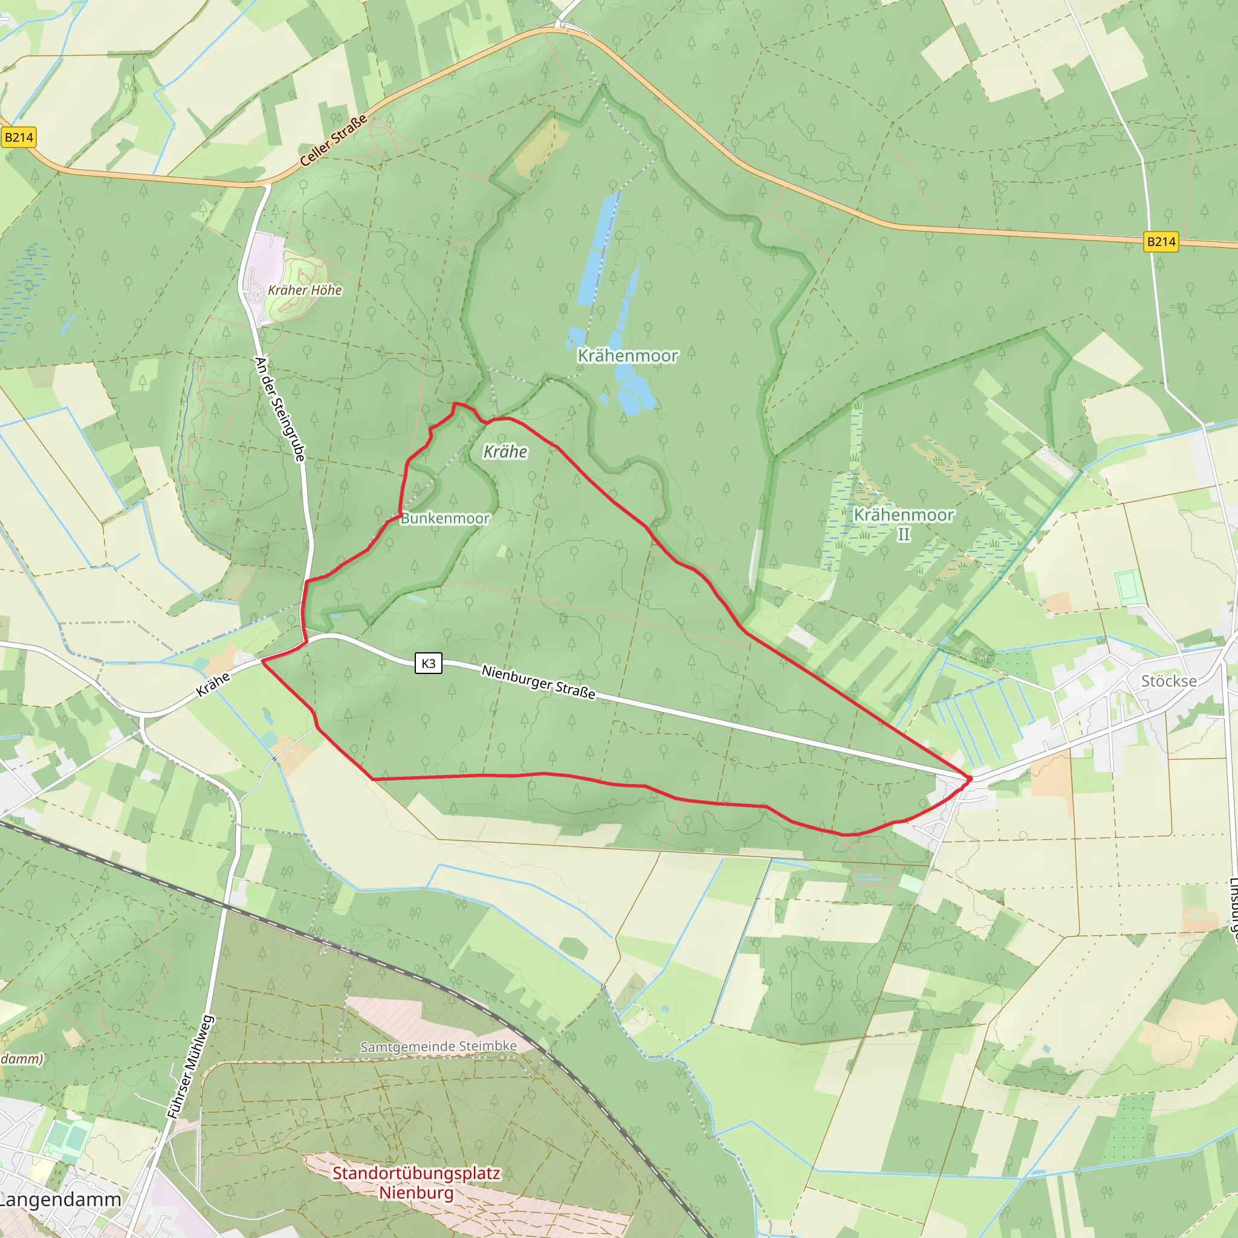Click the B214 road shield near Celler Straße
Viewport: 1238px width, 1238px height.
tap(19, 137)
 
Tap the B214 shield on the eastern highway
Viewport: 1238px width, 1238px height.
tap(1161, 242)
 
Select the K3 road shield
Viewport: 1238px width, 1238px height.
tap(428, 663)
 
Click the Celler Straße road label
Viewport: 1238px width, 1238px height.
tap(333, 140)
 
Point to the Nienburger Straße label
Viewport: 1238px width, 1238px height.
tap(538, 681)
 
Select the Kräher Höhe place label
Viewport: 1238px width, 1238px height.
tap(305, 290)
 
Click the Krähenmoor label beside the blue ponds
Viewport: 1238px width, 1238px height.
tap(627, 355)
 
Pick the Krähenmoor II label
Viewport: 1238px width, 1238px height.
tap(904, 523)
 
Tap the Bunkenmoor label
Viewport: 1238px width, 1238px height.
tap(445, 519)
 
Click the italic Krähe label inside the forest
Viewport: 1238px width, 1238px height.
tap(505, 452)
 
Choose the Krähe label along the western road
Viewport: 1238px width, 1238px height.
tap(213, 684)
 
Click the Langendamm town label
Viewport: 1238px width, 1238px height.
tap(60, 1199)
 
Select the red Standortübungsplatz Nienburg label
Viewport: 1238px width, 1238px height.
tap(416, 1183)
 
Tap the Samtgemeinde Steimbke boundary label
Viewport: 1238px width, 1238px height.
tap(438, 1046)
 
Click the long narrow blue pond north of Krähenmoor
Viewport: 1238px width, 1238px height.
tap(598, 247)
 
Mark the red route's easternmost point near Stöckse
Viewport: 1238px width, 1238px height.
tap(970, 779)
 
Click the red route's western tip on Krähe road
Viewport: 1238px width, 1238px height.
tap(263, 661)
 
